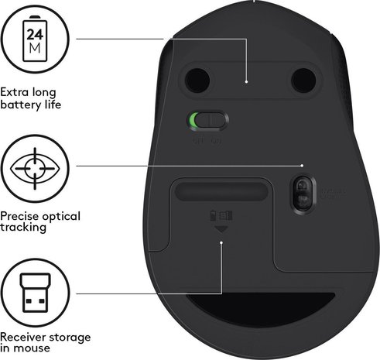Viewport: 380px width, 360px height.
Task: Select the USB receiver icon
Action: (33, 293)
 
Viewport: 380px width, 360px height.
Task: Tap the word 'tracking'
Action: (25, 228)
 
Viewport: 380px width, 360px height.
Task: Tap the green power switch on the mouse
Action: (207, 120)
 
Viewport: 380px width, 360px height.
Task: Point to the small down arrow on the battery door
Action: (221, 229)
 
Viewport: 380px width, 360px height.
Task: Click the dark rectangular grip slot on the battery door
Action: (221, 190)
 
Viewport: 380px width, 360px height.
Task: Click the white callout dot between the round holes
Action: (246, 81)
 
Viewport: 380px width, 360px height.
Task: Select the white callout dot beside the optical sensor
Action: (302, 165)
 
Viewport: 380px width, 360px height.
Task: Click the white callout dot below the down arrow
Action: (221, 243)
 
